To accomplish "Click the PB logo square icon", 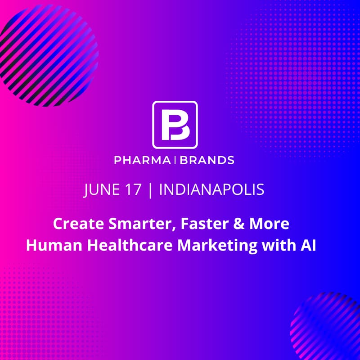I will (175, 125).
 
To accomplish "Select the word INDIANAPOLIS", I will (211, 190).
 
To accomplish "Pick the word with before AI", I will (276, 245).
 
